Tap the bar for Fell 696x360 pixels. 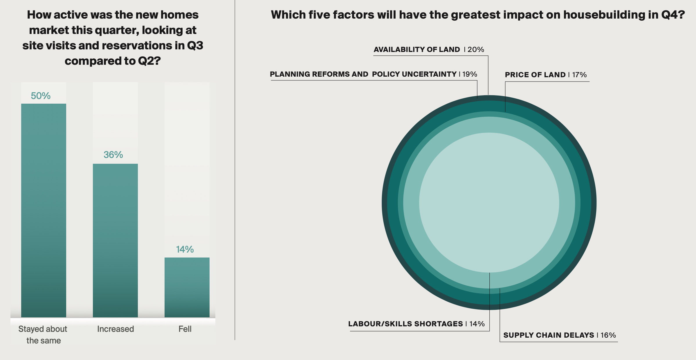187,287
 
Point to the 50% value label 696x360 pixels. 41,96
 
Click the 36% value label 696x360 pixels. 113,155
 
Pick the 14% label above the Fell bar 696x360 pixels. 185,249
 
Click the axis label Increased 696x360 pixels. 116,329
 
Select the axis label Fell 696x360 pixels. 185,329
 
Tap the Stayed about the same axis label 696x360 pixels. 43,334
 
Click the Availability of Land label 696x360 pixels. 417,50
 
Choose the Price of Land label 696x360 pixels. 535,75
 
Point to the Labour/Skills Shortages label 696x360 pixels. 405,324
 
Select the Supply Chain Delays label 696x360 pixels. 549,335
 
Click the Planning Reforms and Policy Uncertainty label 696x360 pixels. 363,74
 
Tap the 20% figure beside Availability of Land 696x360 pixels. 476,50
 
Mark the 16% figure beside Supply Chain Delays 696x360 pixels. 608,335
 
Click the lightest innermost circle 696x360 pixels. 489,202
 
